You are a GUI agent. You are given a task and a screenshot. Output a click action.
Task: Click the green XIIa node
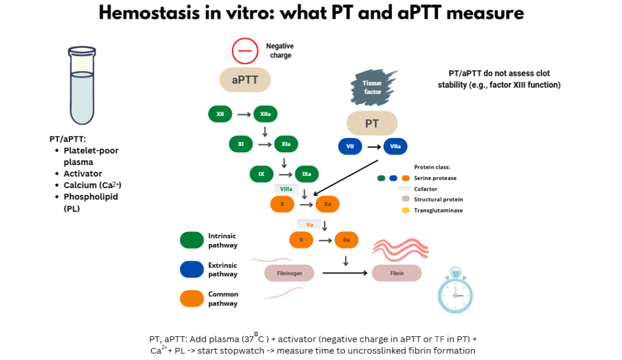pos(265,114)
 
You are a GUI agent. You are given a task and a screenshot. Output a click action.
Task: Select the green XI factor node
pos(241,144)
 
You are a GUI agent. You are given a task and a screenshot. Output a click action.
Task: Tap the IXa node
pos(307,174)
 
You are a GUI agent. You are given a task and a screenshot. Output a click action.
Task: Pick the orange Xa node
pos(327,204)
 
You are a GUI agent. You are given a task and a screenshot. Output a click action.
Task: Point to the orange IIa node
pos(346,240)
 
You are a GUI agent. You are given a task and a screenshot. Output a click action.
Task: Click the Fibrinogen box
pos(289,273)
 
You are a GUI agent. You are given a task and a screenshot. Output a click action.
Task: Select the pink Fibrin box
pos(397,273)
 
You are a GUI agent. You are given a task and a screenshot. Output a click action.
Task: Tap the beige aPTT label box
pos(245,80)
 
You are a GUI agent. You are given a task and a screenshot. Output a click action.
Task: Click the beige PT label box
pos(372,123)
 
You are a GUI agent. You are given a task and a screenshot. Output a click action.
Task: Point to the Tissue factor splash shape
pos(372,87)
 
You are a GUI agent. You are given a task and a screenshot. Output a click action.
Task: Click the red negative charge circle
pos(245,51)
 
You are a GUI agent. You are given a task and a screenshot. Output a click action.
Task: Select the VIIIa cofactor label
pos(286,189)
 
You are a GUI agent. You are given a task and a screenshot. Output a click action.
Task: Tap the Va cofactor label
pos(309,225)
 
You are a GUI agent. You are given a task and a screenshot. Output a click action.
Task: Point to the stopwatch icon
pos(455,293)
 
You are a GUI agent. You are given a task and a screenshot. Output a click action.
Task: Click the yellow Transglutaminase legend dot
pos(405,211)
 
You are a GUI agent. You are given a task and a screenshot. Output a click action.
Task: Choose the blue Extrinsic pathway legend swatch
pos(192,270)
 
